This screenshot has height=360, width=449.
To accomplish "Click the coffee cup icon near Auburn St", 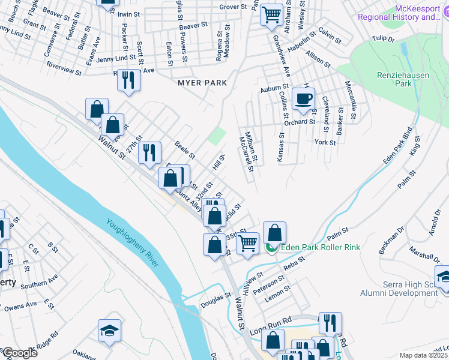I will pyautogui.click(x=304, y=99).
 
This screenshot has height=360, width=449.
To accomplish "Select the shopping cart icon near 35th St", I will pyautogui.click(x=247, y=243).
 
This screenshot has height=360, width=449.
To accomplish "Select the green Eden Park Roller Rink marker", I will pyautogui.click(x=271, y=247).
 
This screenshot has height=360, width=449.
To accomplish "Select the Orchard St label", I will pyautogui.click(x=300, y=122).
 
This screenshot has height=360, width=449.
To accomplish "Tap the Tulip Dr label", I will pyautogui.click(x=383, y=39).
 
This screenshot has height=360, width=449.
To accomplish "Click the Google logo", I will pyautogui.click(x=19, y=353).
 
